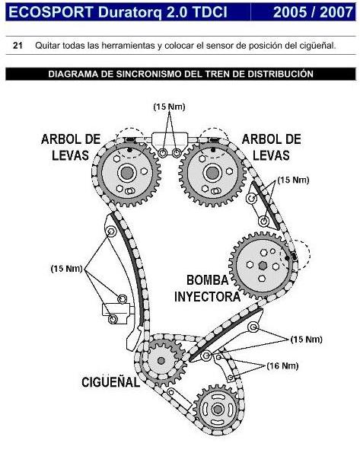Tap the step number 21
click(18, 46)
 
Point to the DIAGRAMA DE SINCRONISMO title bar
click(180, 75)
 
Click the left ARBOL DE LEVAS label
click(70, 146)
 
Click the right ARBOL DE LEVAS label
click(270, 146)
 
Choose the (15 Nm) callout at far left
click(66, 268)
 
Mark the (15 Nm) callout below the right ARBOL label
click(293, 180)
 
